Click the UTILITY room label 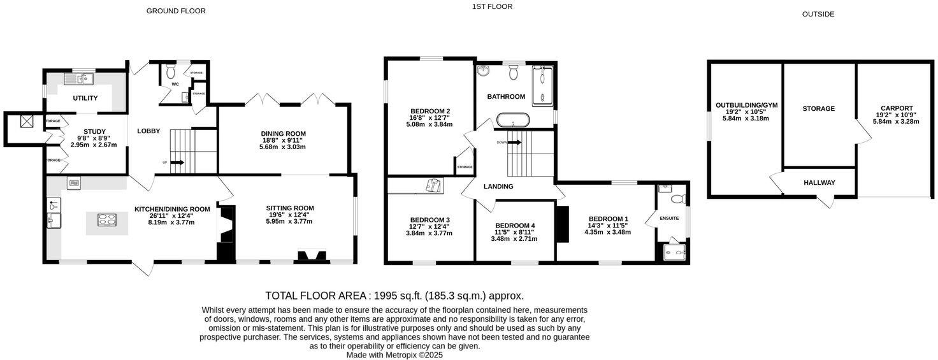tap(85, 98)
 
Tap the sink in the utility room tap(80, 79)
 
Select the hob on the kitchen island tap(106, 220)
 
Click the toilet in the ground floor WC tap(170, 73)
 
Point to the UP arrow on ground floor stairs tap(178, 162)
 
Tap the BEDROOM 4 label tap(515, 226)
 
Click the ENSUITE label tap(669, 219)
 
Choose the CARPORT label tap(896, 108)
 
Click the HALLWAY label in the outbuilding tap(819, 183)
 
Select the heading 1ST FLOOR tap(492, 7)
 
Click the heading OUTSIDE tap(818, 14)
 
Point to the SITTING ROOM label tap(290, 208)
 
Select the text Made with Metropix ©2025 tap(394, 355)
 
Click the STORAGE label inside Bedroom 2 tap(465, 167)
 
